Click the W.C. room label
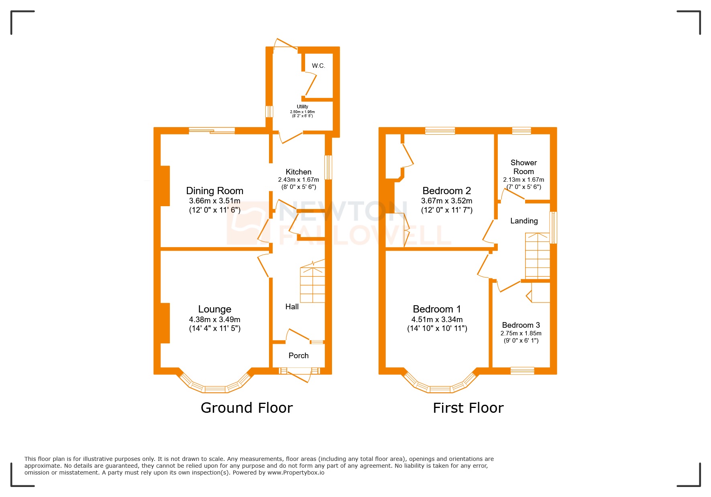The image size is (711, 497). pos(318,66)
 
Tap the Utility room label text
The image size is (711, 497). pos(302,107)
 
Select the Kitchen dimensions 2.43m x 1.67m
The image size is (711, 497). pos(298,180)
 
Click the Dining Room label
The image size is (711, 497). pos(214,191)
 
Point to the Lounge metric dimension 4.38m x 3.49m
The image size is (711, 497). pos(214,319)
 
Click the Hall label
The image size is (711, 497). pos(292,306)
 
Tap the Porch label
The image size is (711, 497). pos(298,355)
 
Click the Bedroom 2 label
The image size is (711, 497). pos(446,191)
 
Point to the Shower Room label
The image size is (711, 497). pos(524,167)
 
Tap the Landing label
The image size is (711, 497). pos(524,221)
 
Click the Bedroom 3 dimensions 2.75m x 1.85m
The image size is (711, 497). pos(521,333)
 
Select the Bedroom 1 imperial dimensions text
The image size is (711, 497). pos(437,329)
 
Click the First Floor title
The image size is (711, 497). pos(468,408)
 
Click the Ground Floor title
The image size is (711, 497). pos(247,408)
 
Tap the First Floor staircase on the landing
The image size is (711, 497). pos(537,256)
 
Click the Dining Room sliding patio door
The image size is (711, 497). pos(212,130)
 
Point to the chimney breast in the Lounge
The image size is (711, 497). pos(165,323)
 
